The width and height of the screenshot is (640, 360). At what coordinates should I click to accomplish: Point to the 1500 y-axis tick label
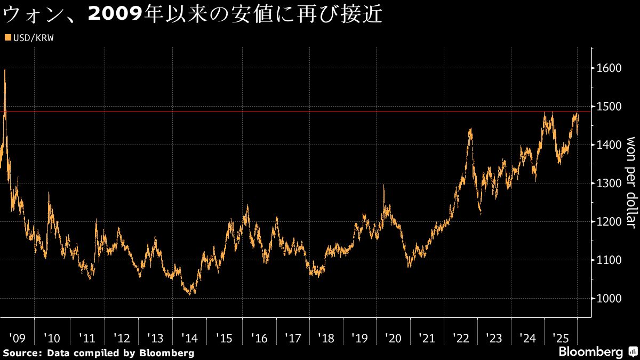609,107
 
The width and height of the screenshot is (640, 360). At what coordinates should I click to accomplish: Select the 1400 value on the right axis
609,145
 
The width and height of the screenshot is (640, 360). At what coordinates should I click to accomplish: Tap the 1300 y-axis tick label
609,183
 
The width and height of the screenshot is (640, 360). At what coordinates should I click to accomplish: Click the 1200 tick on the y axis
609,222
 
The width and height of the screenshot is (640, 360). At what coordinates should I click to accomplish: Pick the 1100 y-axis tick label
609,260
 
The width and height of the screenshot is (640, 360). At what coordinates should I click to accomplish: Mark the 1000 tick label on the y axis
609,299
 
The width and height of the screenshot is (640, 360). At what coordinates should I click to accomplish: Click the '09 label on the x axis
17,338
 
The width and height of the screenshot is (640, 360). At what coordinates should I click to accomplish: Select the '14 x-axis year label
189,338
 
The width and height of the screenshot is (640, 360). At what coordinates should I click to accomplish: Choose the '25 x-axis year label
561,338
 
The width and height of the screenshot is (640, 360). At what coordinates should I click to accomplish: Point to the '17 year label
293,338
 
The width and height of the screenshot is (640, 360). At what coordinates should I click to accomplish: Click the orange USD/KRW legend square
7,38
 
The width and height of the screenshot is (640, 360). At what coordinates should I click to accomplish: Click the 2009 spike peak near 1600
5,70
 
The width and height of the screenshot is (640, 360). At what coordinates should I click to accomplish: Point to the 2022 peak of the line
470,129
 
